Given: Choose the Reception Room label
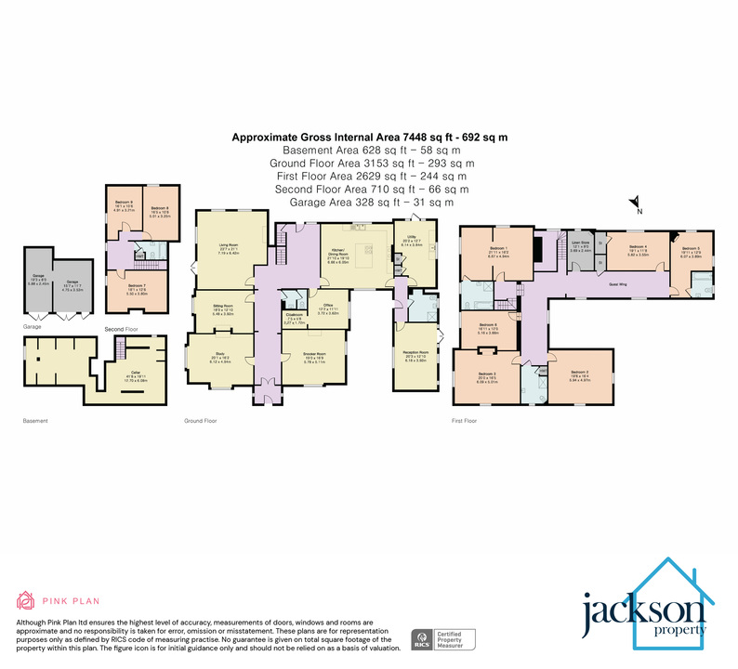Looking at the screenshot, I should [415, 357].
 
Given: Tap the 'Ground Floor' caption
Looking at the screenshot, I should [201, 420].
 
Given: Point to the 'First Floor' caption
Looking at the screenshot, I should [464, 420].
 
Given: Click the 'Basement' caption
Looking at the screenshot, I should [34, 420].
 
